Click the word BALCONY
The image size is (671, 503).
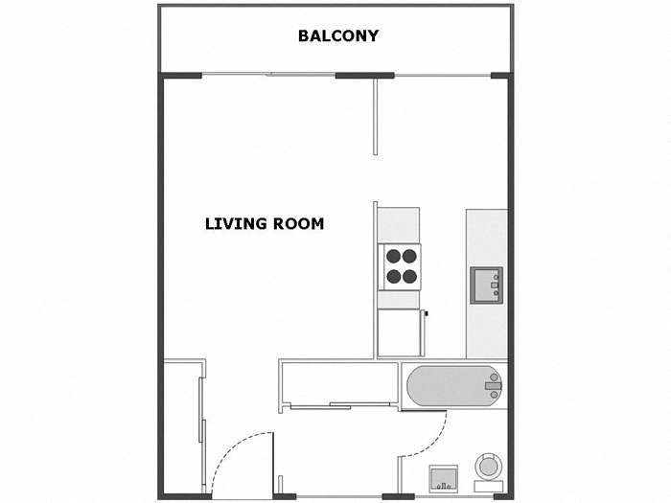point(337,36)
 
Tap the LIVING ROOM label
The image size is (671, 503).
point(265,224)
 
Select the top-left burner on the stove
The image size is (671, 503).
point(392,256)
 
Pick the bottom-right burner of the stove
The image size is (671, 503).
point(410,277)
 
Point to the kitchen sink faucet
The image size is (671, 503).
point(496,285)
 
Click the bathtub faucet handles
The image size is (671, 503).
point(495,387)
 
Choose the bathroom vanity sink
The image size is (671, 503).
point(443,478)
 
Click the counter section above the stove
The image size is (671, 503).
point(399,224)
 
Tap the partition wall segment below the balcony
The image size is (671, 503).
point(376,115)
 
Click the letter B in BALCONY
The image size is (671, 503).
point(304,36)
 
